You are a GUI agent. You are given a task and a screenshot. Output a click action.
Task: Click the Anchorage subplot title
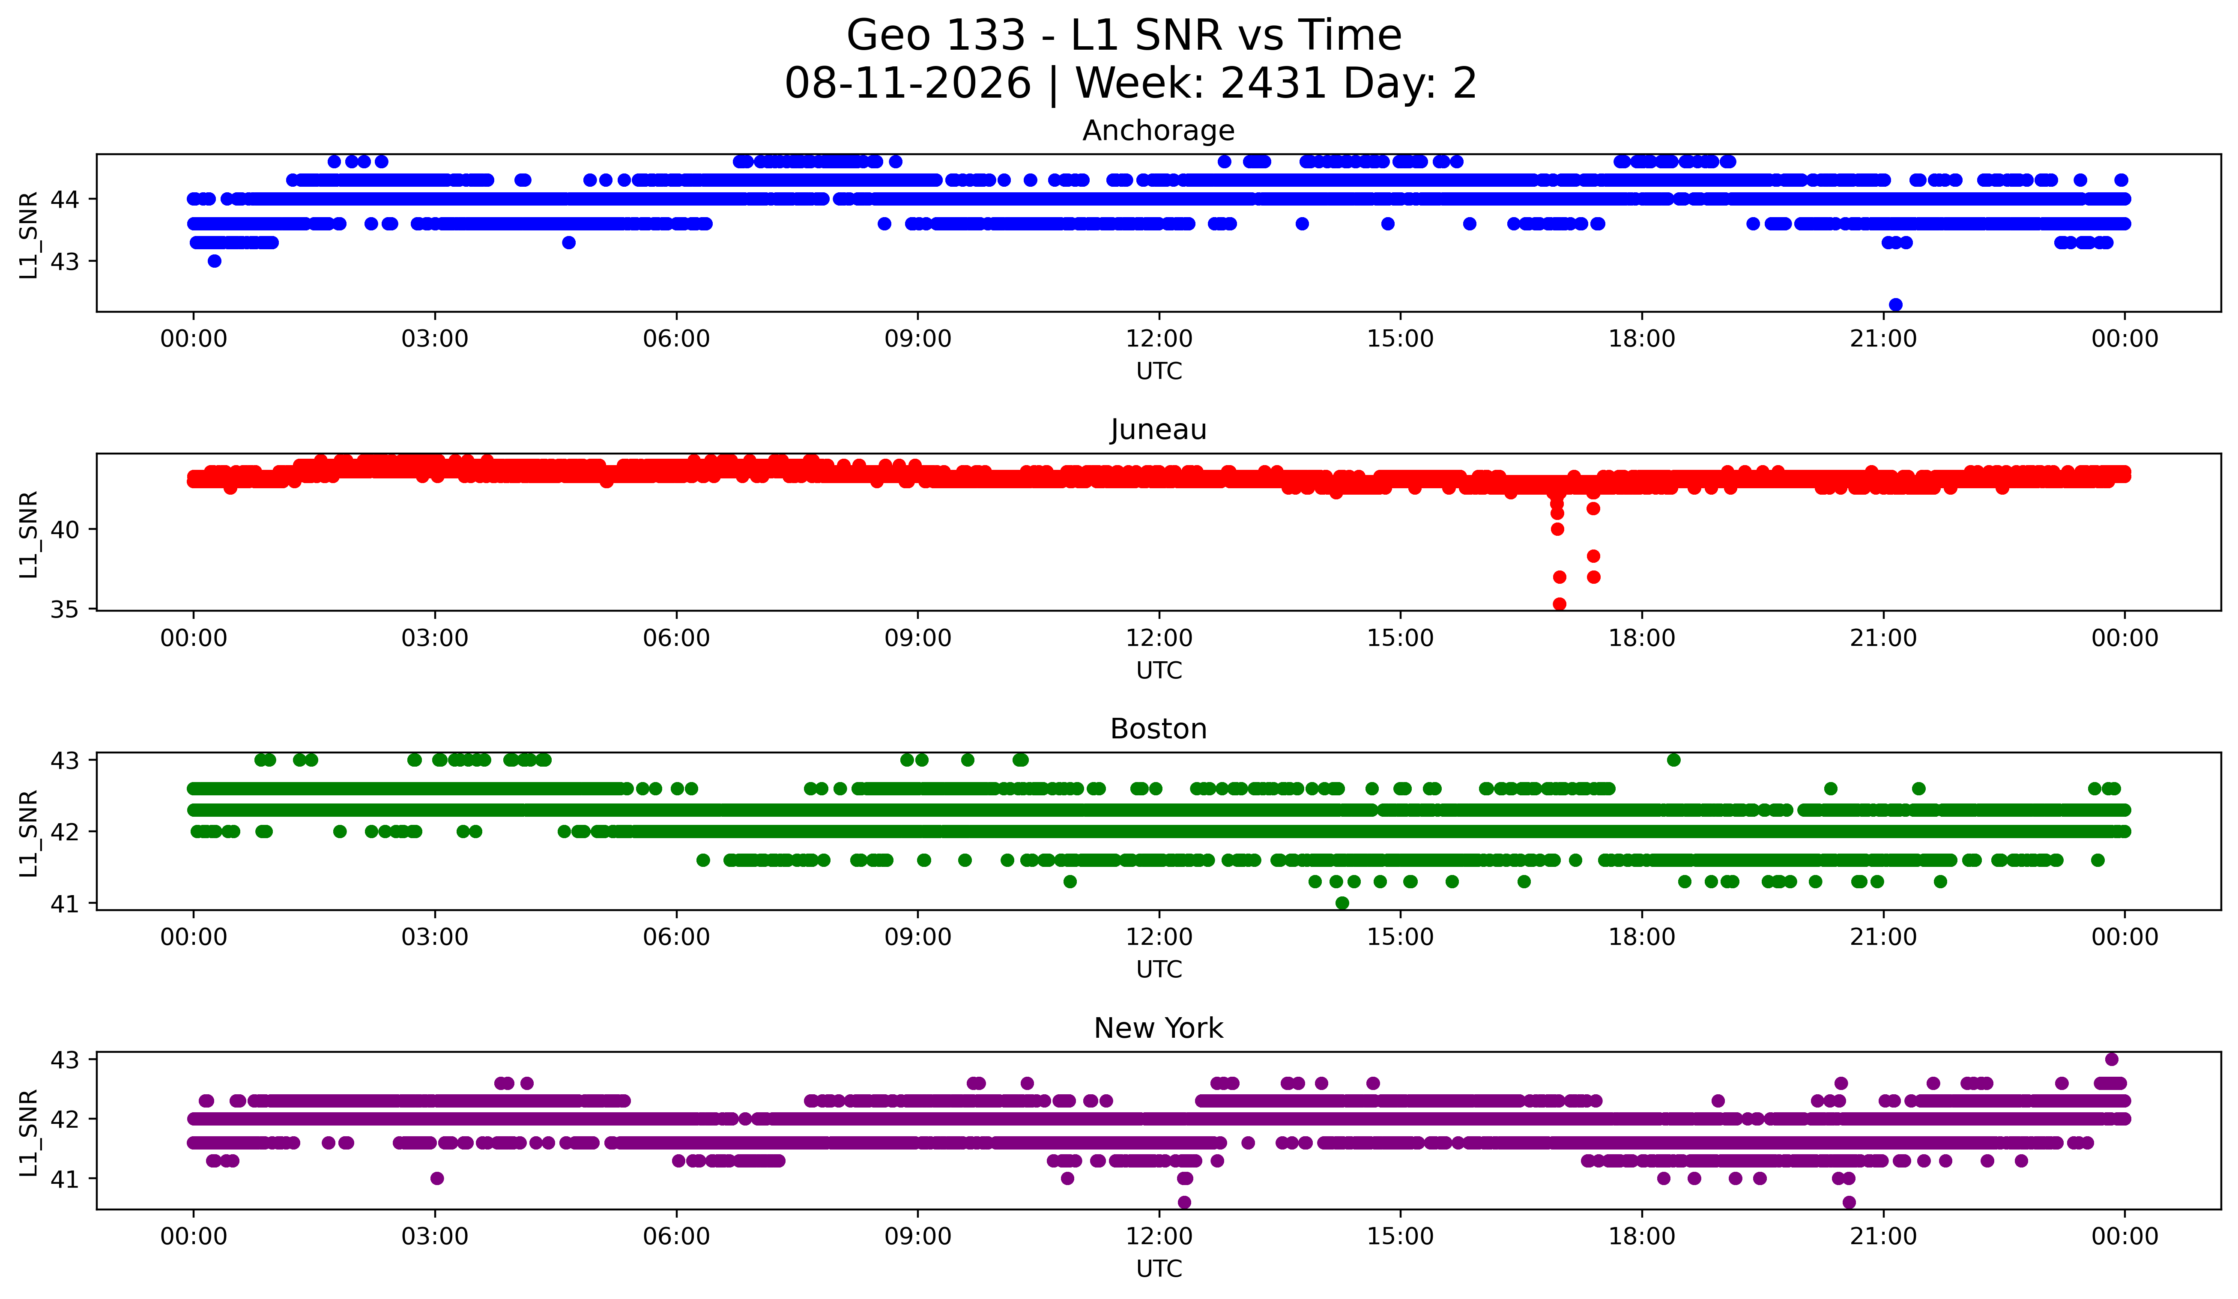click(x=1158, y=131)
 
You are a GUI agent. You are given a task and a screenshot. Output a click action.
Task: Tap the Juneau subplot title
click(x=1158, y=430)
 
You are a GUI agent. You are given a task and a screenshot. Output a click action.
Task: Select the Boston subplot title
click(x=1158, y=729)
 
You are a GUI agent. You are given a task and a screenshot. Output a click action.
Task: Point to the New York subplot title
click(x=1158, y=1028)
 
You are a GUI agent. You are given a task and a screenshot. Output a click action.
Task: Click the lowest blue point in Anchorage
click(x=1895, y=305)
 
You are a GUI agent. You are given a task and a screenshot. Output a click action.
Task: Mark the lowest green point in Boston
click(x=1342, y=903)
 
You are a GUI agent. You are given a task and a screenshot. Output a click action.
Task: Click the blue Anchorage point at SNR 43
click(x=214, y=261)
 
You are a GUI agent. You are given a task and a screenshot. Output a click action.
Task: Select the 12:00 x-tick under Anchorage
click(x=1159, y=338)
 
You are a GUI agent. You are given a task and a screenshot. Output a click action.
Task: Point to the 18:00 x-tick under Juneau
click(x=1641, y=638)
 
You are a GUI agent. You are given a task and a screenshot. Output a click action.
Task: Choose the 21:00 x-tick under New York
click(x=1883, y=1236)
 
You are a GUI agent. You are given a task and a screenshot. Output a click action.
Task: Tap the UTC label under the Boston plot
click(x=1159, y=970)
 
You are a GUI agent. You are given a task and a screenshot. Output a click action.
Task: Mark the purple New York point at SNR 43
click(x=2112, y=1059)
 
